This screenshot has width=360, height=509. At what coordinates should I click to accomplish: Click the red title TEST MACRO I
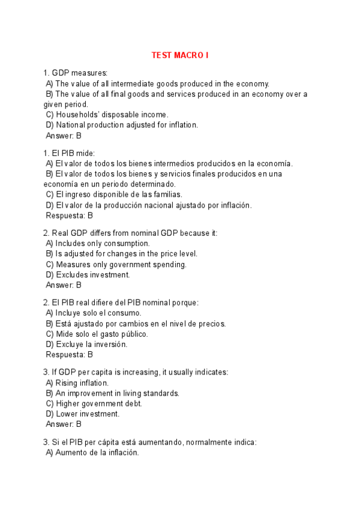[179, 56]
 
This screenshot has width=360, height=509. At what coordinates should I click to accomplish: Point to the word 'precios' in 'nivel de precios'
[210, 324]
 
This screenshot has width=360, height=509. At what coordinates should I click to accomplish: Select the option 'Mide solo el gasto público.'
[97, 334]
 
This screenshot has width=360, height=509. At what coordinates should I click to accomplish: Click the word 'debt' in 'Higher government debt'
[148, 403]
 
